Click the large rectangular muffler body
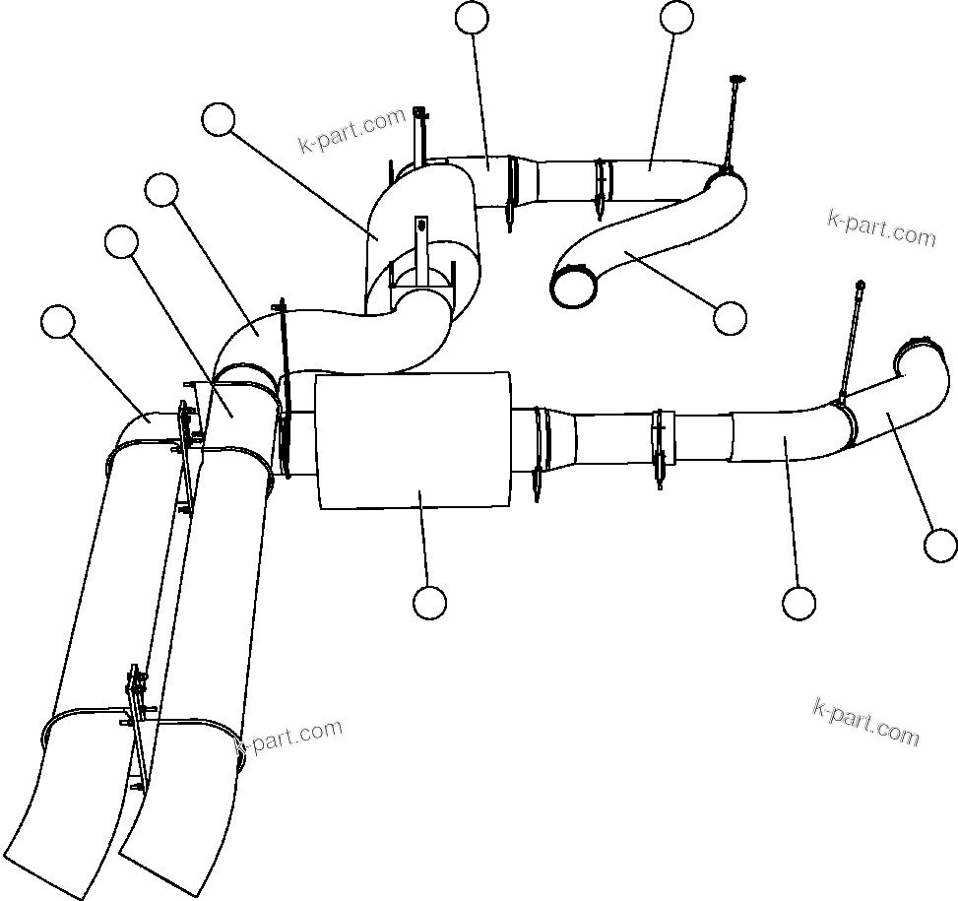tap(414, 440)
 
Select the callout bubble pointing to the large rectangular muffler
tap(429, 602)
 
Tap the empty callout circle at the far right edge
tap(941, 545)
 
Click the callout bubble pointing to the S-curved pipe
tap(730, 317)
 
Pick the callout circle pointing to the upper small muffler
tap(218, 120)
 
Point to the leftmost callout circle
tap(59, 322)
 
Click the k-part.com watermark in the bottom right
tap(866, 722)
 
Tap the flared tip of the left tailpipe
tap(59, 867)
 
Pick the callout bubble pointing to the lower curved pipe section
tap(798, 603)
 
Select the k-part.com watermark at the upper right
tap(881, 229)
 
